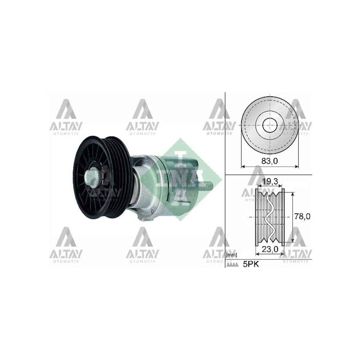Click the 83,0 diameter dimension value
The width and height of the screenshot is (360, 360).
270,162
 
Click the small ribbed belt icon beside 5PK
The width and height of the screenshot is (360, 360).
232,265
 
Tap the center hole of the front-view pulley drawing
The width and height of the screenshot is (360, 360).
269,126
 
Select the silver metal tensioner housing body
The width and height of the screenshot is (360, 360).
151,191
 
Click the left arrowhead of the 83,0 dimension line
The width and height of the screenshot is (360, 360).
243,167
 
